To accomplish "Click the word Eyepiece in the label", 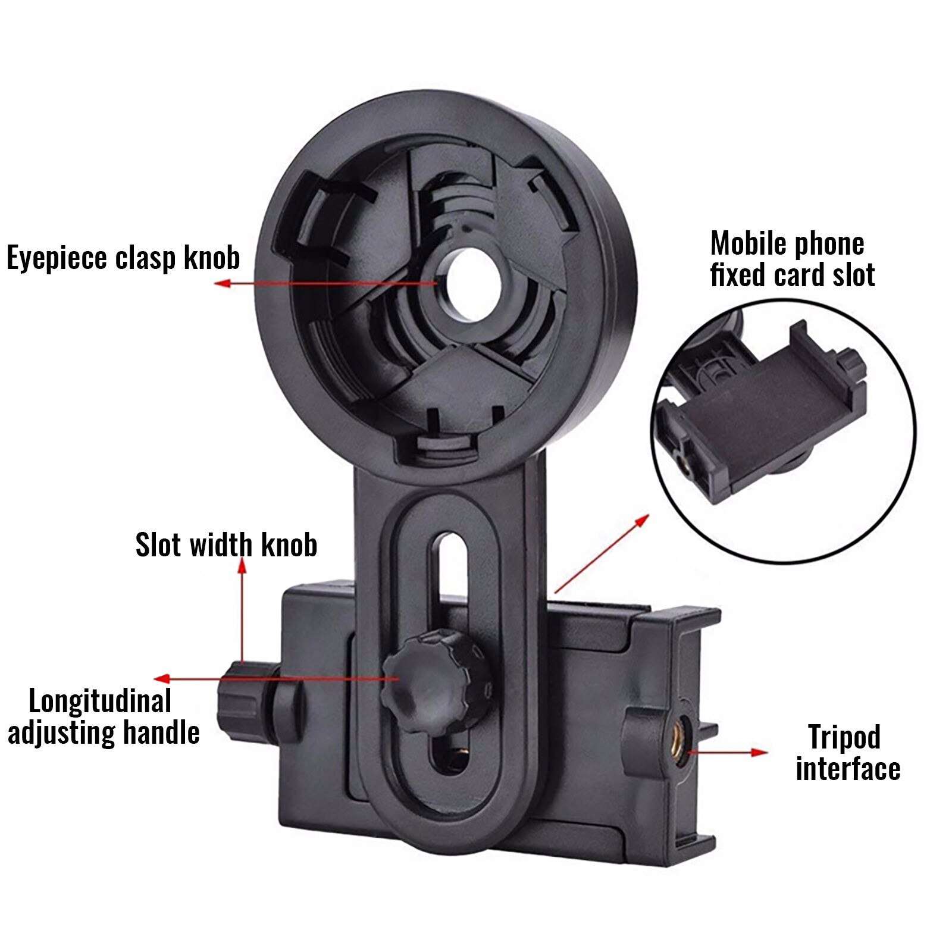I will click(x=57, y=258).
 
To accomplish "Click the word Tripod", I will click(x=844, y=737).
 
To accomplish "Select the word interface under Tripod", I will click(x=848, y=769).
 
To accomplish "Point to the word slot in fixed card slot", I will click(x=854, y=275).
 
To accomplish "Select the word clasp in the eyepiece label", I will click(x=146, y=258).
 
